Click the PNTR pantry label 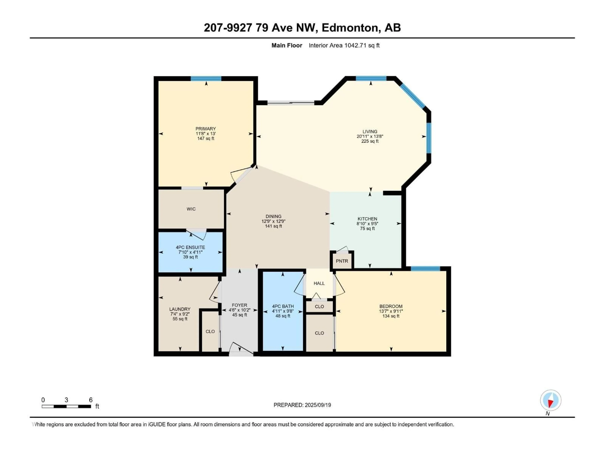coord(342,261)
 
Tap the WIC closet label coord(191,209)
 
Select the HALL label coord(319,283)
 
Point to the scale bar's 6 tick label coord(91,400)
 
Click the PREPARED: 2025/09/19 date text coord(302,405)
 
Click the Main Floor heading coord(287,45)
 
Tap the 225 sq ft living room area coord(370,141)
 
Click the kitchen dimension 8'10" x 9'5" coord(367,224)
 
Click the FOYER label coord(239,305)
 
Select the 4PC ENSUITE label coord(190,247)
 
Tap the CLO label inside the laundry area coord(210,331)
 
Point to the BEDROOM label coord(391,306)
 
